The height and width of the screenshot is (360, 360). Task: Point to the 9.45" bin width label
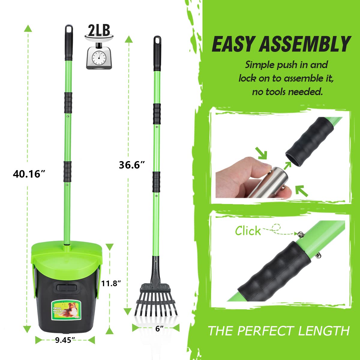65,340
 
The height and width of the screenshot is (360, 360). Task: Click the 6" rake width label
160,329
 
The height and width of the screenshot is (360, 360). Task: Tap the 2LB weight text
99,31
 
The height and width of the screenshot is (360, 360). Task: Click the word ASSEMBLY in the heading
304,44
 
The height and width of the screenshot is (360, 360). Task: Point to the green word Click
248,231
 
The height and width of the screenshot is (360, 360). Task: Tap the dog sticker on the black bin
66,310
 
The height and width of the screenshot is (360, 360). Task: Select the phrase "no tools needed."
287,91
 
